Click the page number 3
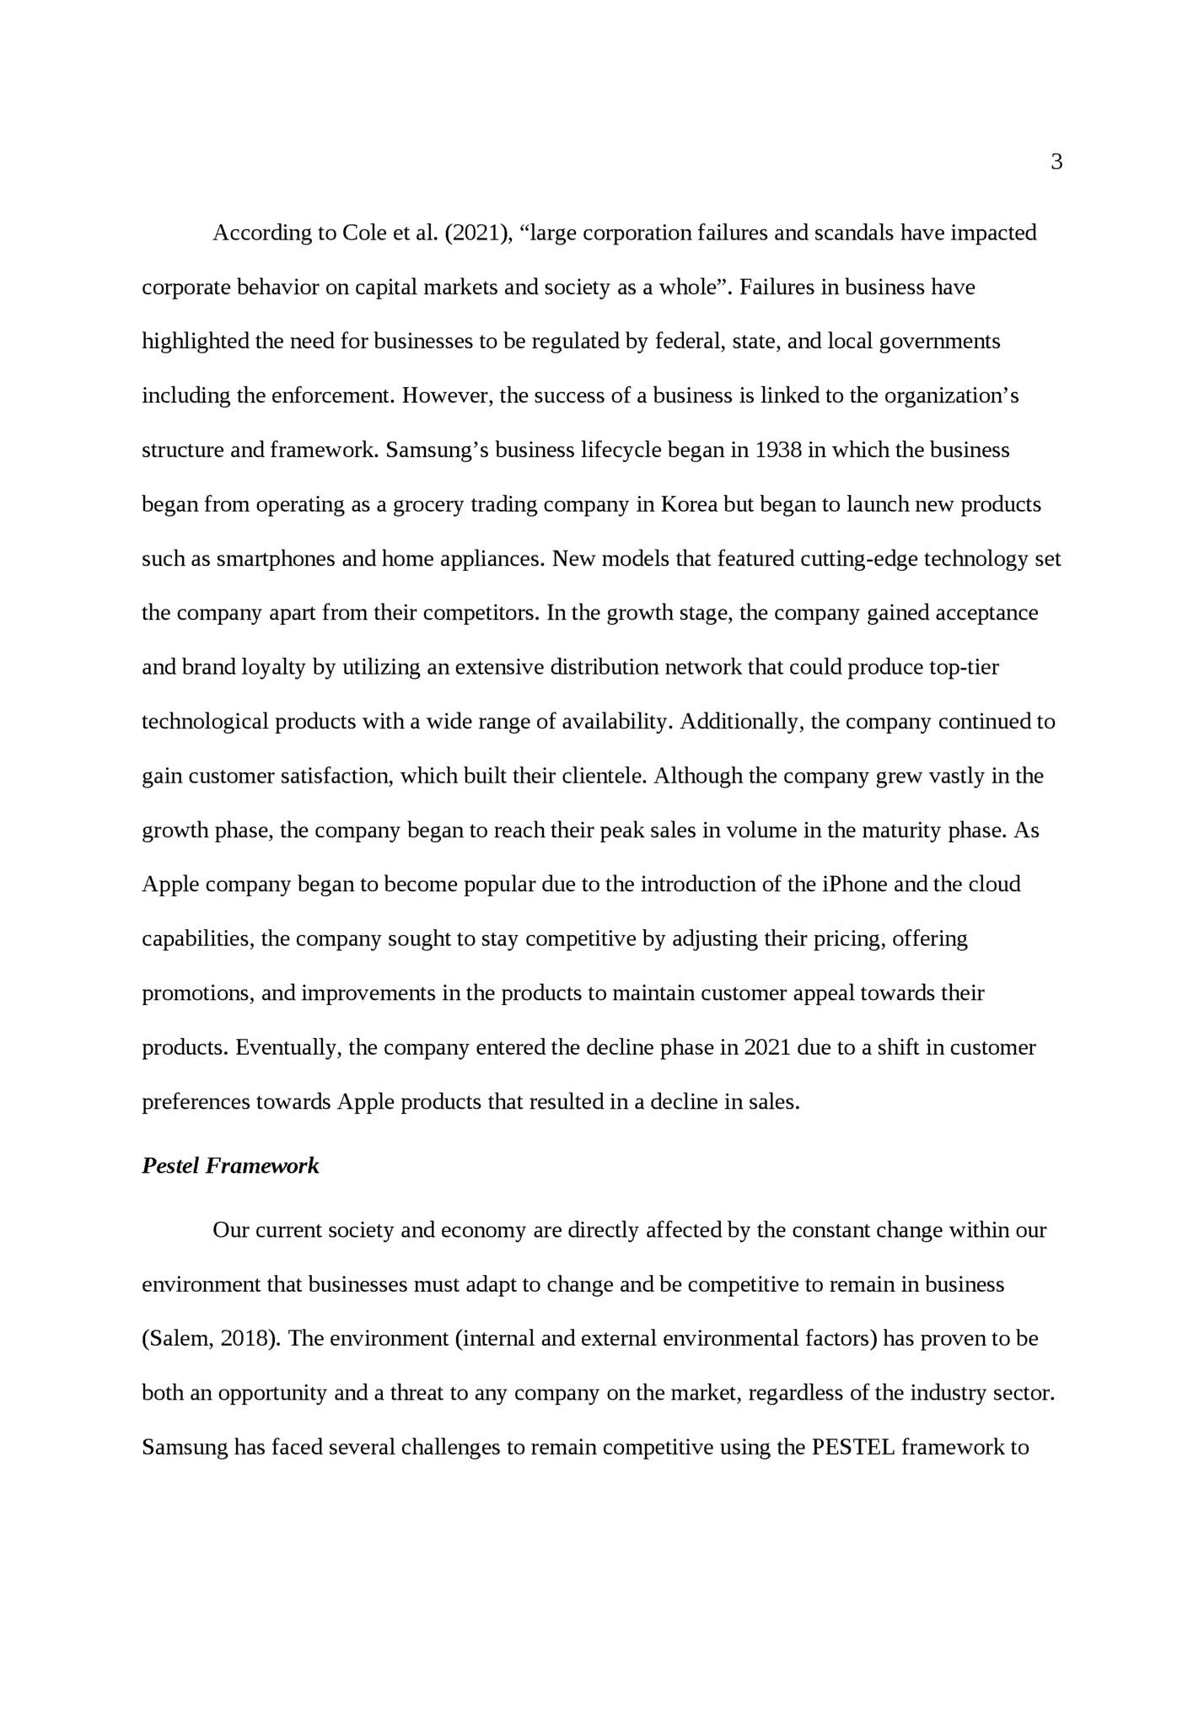(x=1056, y=163)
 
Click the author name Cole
(x=363, y=233)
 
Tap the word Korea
(x=690, y=504)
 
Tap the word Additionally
(x=740, y=722)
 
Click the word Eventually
(x=287, y=1048)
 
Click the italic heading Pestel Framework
(x=230, y=1166)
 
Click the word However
(x=446, y=395)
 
